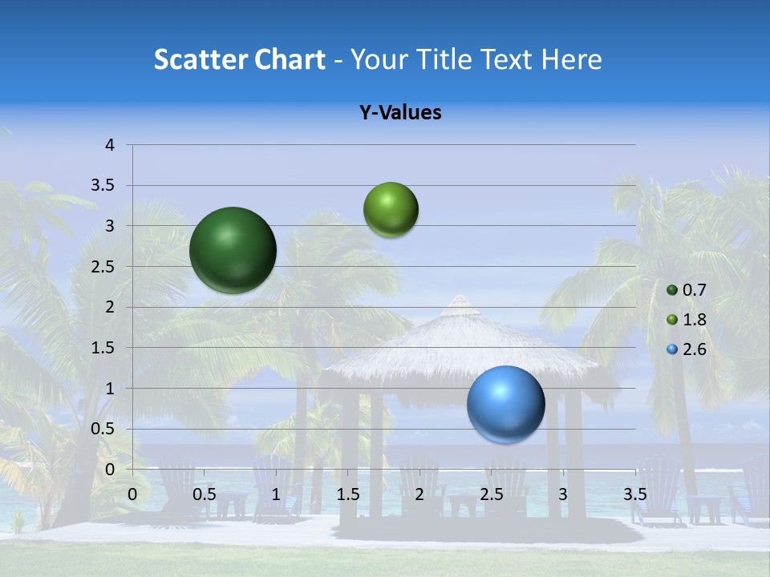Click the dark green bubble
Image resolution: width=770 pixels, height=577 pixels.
coord(233,250)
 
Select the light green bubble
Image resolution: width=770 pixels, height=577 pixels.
coord(391,210)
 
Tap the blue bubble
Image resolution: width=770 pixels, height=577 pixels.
coord(505,404)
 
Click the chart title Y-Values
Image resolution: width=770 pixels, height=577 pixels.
coord(399,113)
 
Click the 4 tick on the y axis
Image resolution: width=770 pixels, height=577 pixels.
coord(111,145)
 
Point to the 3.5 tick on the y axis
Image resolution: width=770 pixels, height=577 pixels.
coord(104,186)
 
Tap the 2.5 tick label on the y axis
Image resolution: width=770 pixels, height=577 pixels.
coord(104,267)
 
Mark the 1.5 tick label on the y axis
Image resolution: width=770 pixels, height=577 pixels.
coord(104,348)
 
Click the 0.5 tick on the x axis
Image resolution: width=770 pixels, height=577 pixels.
coord(204,494)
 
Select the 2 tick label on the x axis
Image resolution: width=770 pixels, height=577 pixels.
coord(419,494)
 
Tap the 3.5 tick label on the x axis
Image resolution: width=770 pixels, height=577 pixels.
coord(634,494)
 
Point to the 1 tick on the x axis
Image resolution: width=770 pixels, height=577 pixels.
coord(276,494)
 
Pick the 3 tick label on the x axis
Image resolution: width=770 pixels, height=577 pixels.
coord(563,494)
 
